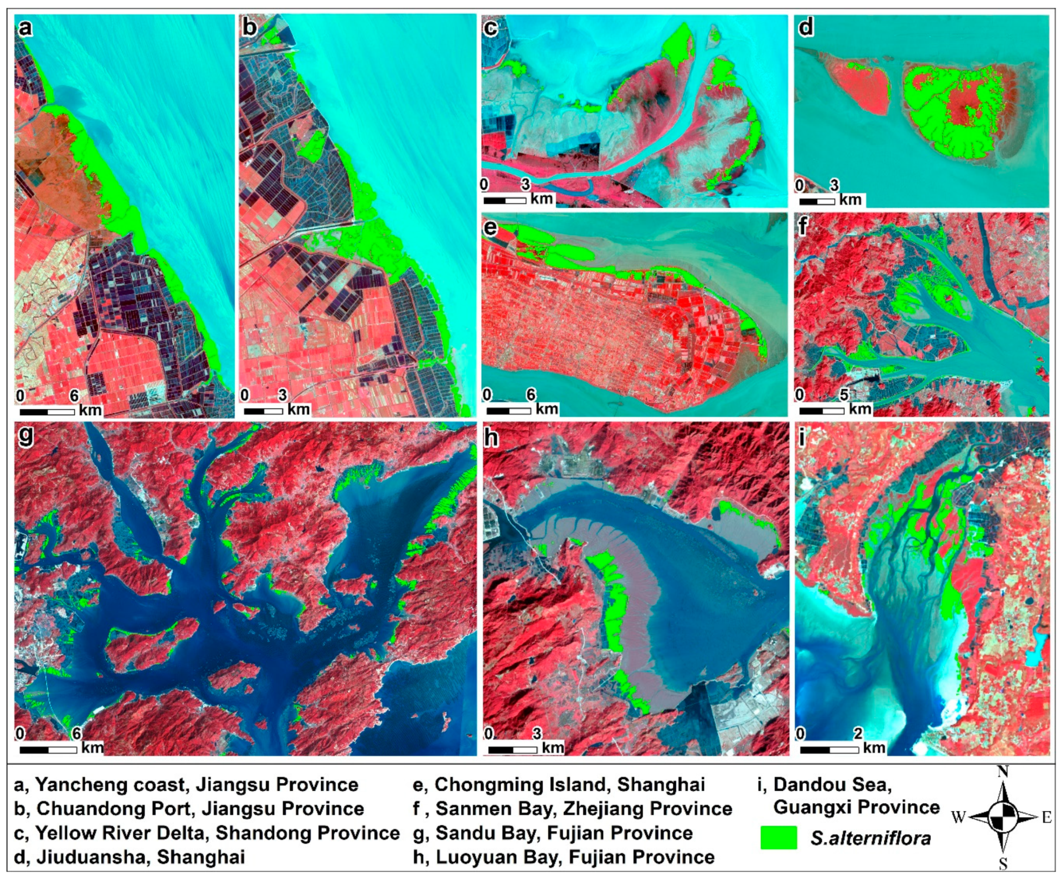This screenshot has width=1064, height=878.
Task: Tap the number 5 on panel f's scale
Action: point(844,394)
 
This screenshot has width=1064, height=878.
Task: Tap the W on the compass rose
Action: point(959,817)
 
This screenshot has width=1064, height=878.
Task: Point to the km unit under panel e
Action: point(546,409)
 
